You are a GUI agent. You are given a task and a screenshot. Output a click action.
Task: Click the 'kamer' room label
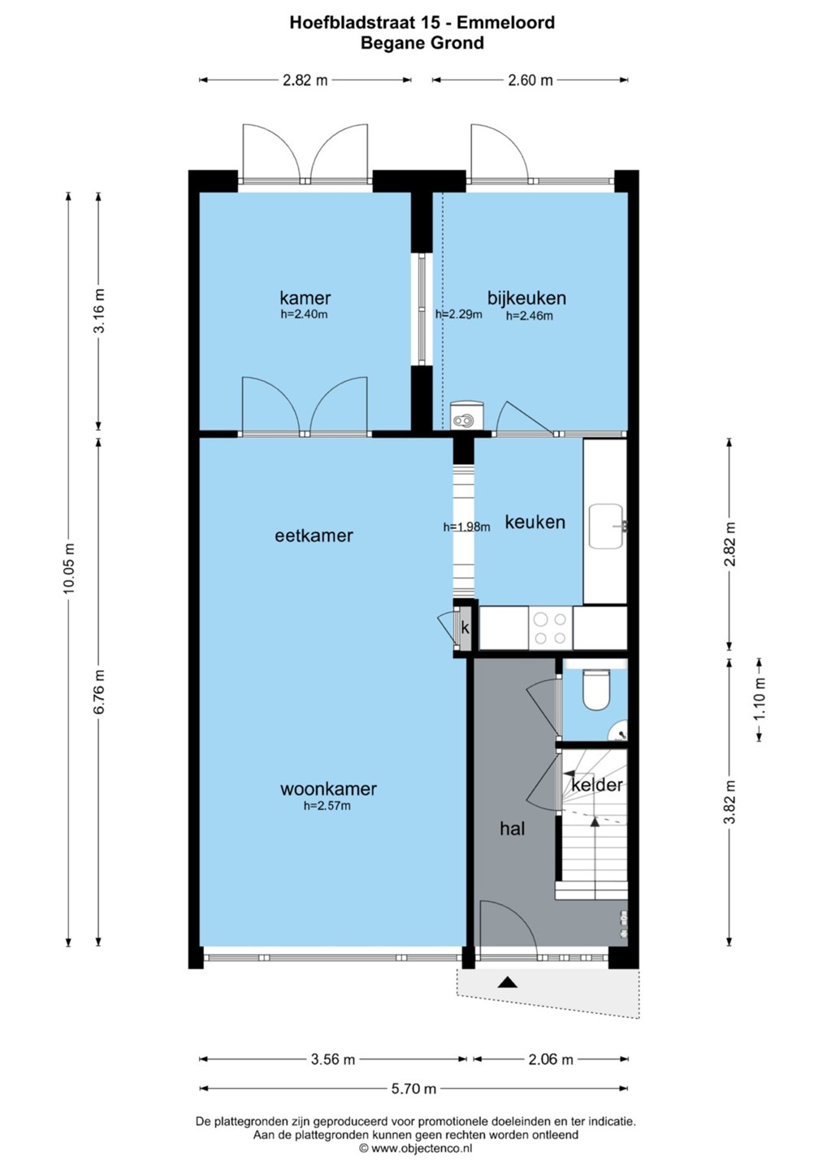pos(305,297)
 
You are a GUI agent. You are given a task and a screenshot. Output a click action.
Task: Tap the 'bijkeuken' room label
pos(526,297)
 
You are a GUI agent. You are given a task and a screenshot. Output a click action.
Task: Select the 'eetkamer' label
pos(314,535)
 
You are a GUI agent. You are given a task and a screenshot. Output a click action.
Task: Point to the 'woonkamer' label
pos(328,788)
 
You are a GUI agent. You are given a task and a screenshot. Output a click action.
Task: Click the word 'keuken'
pos(535,522)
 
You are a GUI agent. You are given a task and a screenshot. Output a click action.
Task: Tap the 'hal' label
pos(512,829)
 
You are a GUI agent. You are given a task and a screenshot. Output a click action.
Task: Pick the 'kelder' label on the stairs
pos(597,785)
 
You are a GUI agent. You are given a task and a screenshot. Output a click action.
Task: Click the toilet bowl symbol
pos(595,690)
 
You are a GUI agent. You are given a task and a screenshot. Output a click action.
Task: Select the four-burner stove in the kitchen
pos(551,628)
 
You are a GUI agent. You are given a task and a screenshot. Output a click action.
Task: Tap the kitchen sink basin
pos(606,526)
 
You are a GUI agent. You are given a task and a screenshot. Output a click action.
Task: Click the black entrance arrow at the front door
pos(507,982)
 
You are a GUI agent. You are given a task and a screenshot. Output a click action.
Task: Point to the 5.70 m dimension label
pos(413,1089)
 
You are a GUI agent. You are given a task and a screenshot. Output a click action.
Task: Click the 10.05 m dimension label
pos(69,568)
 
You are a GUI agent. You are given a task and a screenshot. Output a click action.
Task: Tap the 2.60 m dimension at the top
pos(530,80)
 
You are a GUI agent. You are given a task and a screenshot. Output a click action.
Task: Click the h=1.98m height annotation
pos(467,527)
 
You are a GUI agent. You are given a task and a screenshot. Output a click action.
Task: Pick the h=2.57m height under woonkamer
pos(327,806)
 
